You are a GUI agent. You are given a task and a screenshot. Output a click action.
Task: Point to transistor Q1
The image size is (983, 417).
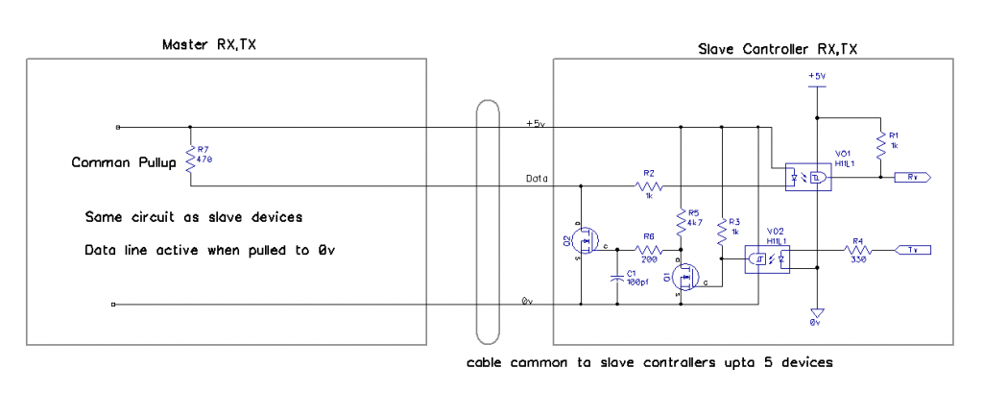click(684, 280)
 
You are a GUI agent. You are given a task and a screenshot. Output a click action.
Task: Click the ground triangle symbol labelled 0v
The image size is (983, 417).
click(815, 312)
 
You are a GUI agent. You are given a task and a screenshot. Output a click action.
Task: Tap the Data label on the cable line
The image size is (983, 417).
click(537, 179)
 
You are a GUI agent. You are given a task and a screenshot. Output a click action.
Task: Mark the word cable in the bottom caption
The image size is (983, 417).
click(487, 363)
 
